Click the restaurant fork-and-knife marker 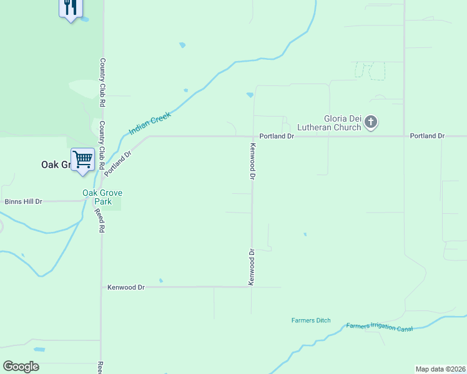point(71,7)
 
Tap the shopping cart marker point(82,160)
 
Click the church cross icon point(371,122)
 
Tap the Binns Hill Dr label point(23,201)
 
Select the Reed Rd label point(99,221)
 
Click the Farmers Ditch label point(311,320)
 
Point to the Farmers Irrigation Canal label point(379,327)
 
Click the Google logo point(21,367)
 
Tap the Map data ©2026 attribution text point(440,368)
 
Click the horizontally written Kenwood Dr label point(126,287)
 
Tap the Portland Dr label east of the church point(427,136)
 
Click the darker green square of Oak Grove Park point(112,203)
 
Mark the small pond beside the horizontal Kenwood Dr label point(160,280)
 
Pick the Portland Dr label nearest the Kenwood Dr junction point(277,136)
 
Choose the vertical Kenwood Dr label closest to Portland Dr point(253,162)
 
